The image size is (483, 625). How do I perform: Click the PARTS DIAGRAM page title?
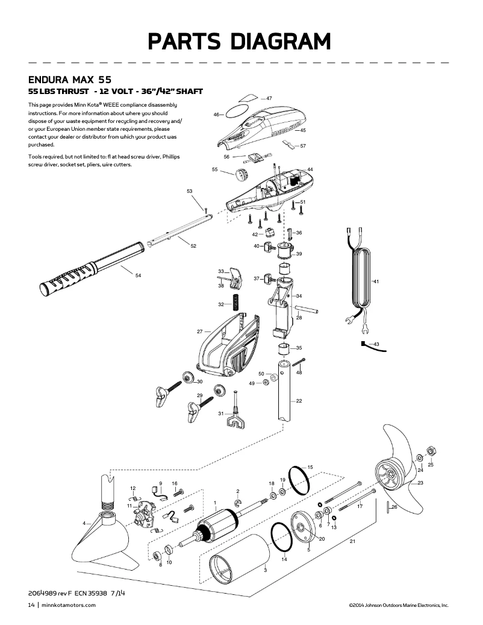(240, 42)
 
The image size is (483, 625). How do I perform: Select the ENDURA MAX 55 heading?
(70, 80)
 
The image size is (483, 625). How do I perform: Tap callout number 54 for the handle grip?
(138, 275)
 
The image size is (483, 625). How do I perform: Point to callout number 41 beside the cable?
(375, 281)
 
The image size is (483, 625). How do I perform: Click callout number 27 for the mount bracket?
(199, 331)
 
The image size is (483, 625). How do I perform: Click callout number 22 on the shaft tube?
(299, 401)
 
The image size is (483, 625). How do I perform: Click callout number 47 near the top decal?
(269, 98)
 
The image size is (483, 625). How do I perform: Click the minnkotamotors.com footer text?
(69, 605)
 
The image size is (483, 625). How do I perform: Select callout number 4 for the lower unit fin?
(84, 522)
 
